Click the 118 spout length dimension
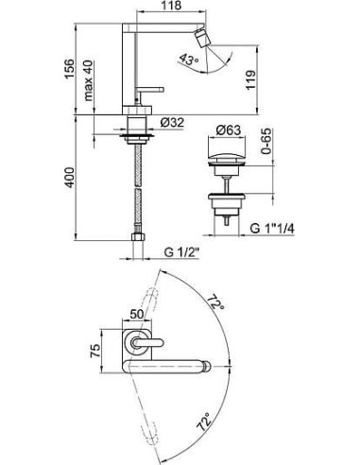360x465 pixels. [172, 6]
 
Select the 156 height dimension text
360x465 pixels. [69, 69]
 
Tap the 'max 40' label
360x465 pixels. [89, 80]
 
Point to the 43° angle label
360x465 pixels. [189, 59]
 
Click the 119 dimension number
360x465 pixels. [251, 80]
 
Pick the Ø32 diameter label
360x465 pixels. [172, 122]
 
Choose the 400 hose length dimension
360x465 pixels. [69, 178]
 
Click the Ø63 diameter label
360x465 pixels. [229, 129]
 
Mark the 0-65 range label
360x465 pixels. [266, 141]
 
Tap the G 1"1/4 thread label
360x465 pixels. [273, 229]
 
